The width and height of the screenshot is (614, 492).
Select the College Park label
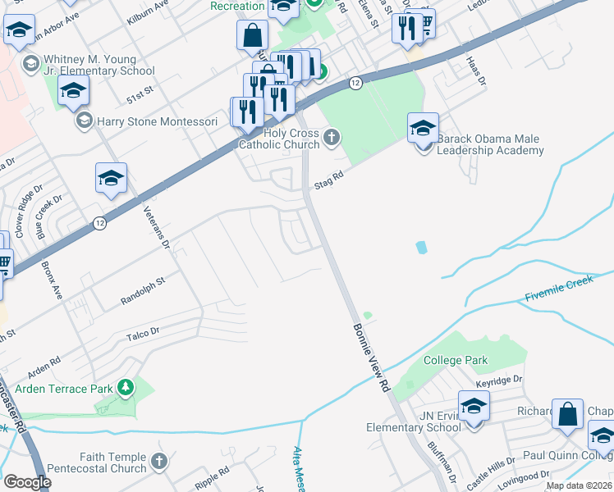coord(456,360)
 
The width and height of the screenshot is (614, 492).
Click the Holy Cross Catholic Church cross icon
coord(332,137)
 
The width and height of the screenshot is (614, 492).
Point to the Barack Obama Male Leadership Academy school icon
coord(423,128)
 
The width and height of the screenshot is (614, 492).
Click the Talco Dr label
coord(143,333)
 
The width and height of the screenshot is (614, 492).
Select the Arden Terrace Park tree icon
coord(125,386)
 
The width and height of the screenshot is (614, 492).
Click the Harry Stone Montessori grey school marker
coord(84,121)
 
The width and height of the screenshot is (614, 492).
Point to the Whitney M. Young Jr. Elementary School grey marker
coord(31,64)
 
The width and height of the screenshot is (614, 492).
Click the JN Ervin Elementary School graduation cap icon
coord(474,406)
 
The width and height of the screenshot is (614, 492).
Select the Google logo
coord(26,482)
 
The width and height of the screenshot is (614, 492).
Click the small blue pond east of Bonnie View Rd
coord(421,247)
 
